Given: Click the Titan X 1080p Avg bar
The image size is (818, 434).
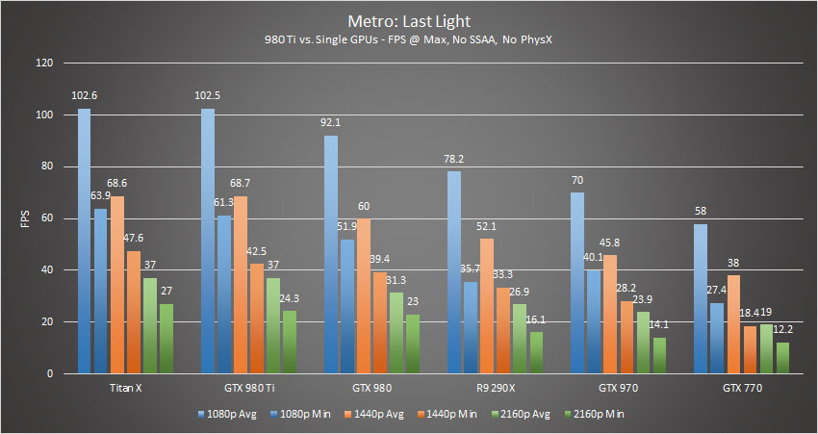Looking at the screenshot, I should (x=85, y=241).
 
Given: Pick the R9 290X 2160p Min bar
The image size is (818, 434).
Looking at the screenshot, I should (x=536, y=352).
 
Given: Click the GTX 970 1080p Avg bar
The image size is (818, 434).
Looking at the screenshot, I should (x=577, y=283).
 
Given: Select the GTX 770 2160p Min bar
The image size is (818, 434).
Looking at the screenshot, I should (x=782, y=357).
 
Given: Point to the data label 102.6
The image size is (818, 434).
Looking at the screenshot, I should (x=85, y=94).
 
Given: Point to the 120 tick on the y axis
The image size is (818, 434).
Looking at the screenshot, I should (x=44, y=64).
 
